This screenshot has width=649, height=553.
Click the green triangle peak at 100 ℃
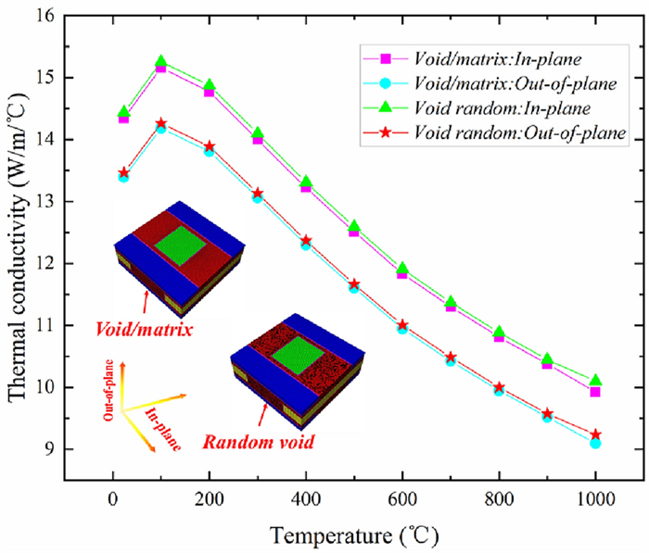click(161, 61)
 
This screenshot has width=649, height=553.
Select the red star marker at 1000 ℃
click(595, 434)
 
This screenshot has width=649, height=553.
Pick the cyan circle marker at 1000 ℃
click(595, 444)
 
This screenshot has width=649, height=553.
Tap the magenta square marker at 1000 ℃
click(595, 392)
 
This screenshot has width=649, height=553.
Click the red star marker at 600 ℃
click(402, 325)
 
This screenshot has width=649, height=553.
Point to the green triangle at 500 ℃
click(353, 225)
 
